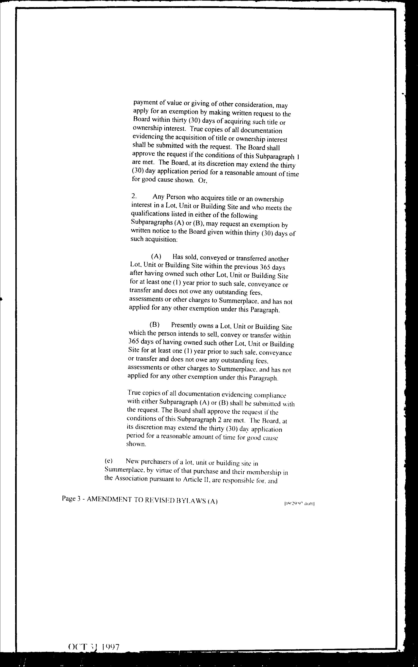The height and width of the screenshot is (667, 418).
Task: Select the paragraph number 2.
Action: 134,196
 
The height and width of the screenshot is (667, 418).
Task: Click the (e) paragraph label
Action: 109,461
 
